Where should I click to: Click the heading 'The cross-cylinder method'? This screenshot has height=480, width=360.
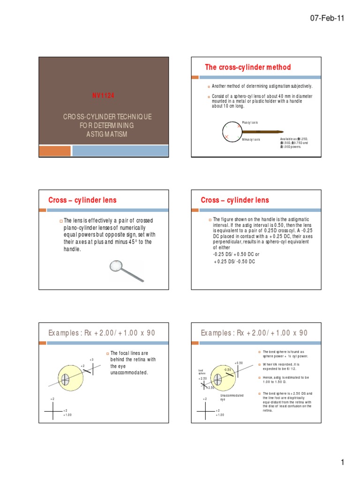248,67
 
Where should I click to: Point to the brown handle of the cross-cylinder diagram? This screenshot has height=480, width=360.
262,131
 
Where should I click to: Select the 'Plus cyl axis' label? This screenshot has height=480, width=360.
249,122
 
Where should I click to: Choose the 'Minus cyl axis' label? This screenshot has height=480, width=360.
251,140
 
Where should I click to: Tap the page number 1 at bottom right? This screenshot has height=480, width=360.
343,462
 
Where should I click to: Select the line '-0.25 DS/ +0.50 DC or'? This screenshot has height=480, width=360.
236,254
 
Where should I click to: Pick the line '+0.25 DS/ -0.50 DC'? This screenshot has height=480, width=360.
234,261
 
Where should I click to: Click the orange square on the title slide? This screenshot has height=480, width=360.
54,150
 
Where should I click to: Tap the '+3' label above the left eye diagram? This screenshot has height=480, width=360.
92,359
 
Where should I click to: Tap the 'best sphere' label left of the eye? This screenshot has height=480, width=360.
202,372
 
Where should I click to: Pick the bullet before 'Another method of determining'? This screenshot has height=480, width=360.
209,87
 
